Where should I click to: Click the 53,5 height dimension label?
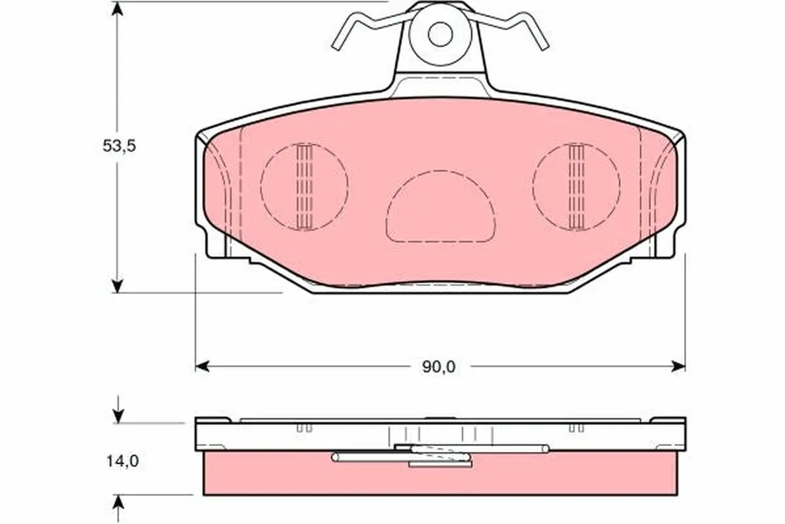click(x=119, y=145)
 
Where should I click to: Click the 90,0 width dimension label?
click(x=439, y=367)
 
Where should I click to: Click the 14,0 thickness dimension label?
click(x=123, y=461)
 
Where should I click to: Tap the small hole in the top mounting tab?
click(x=440, y=34)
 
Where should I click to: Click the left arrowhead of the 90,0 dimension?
click(x=202, y=366)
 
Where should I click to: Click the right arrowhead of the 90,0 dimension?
click(x=678, y=366)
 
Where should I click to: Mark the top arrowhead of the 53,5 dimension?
click(x=117, y=9)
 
